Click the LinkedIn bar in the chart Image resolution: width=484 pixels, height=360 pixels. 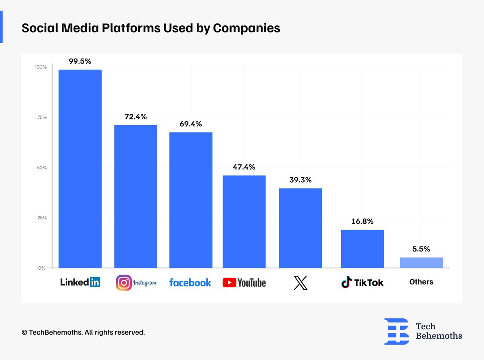(80, 169)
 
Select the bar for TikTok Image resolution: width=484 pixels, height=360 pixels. (362, 249)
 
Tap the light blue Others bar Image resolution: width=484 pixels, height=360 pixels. (421, 263)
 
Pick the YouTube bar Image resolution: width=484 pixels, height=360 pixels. (244, 222)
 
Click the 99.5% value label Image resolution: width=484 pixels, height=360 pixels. (80, 61)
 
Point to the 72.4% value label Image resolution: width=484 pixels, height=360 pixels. (136, 117)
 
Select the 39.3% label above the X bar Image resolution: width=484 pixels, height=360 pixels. (300, 180)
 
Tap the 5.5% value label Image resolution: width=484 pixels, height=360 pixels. (421, 249)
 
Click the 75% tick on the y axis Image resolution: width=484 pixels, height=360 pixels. (42, 117)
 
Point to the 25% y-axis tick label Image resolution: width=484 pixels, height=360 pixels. (42, 218)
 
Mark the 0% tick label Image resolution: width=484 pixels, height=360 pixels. (42, 268)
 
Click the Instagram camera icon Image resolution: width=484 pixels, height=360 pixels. (124, 283)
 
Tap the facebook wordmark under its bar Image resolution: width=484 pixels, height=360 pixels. (190, 283)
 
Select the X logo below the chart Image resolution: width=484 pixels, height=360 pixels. (300, 283)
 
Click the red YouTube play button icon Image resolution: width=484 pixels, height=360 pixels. (229, 283)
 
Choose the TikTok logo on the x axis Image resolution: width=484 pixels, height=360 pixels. (362, 283)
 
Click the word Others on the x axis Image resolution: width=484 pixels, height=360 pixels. (421, 282)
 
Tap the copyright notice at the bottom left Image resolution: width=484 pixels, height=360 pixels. (83, 333)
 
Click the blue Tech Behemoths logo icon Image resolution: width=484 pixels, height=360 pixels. (396, 331)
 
